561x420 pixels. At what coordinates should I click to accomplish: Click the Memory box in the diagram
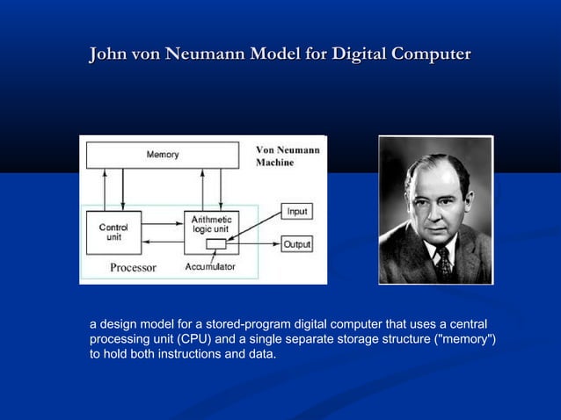pos(162,155)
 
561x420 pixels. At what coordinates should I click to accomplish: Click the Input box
pos(296,212)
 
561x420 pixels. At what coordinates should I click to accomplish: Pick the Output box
pos(296,244)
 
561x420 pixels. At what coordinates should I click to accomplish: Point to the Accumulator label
pos(210,267)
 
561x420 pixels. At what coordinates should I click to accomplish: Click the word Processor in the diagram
pos(133,267)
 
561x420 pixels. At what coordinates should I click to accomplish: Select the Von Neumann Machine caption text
pos(287,156)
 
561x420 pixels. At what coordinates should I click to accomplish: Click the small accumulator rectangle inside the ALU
pos(215,244)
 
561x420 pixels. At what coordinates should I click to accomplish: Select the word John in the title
pos(107,54)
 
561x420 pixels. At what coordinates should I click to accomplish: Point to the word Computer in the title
pos(431,54)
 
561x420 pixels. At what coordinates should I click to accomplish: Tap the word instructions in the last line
pos(197,354)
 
